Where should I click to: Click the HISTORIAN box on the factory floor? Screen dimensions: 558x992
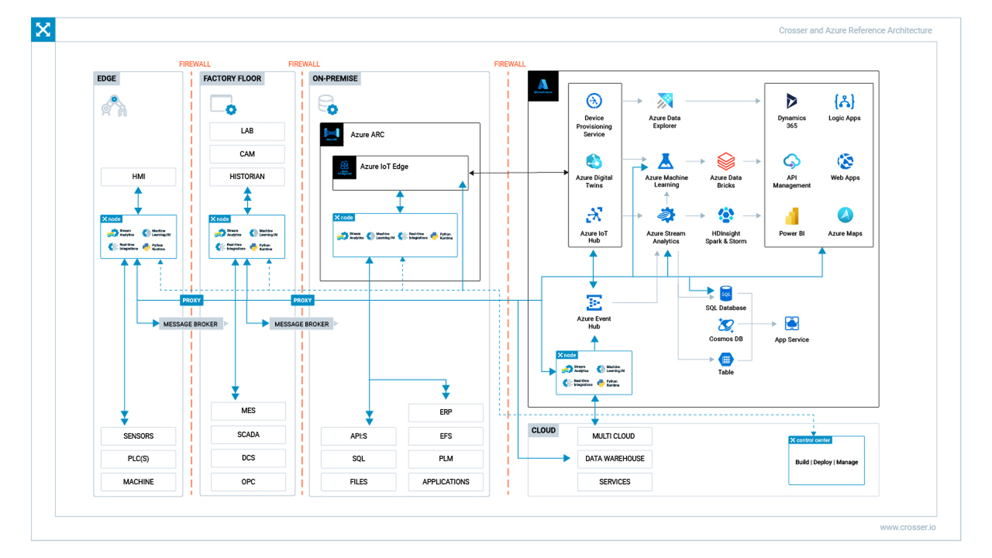[247, 177]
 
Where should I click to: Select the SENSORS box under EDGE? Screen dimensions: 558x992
[138, 436]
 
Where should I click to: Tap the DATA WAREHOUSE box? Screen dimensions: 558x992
[614, 459]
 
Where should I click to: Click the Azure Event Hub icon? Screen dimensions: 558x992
[594, 303]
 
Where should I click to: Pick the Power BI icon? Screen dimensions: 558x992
[792, 216]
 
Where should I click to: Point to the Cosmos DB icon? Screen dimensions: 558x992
[725, 325]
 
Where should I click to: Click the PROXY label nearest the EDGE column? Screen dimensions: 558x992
[192, 300]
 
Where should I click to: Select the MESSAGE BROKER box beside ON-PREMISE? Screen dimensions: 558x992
[301, 324]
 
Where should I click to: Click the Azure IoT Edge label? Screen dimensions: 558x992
[384, 167]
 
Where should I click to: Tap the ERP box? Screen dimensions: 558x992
[445, 412]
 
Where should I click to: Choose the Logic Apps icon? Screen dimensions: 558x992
[844, 101]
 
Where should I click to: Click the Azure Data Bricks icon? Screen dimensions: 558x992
[725, 162]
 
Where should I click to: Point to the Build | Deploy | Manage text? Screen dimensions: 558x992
[826, 463]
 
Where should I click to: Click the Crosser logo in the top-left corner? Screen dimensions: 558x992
[43, 30]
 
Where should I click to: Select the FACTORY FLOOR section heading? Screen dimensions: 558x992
[232, 79]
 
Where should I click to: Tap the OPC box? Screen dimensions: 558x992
[248, 482]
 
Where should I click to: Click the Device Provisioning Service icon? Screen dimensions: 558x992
[594, 101]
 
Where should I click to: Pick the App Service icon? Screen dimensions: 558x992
[792, 324]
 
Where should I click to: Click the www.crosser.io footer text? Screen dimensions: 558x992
[907, 528]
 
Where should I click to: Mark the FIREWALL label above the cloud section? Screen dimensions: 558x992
[510, 64]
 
